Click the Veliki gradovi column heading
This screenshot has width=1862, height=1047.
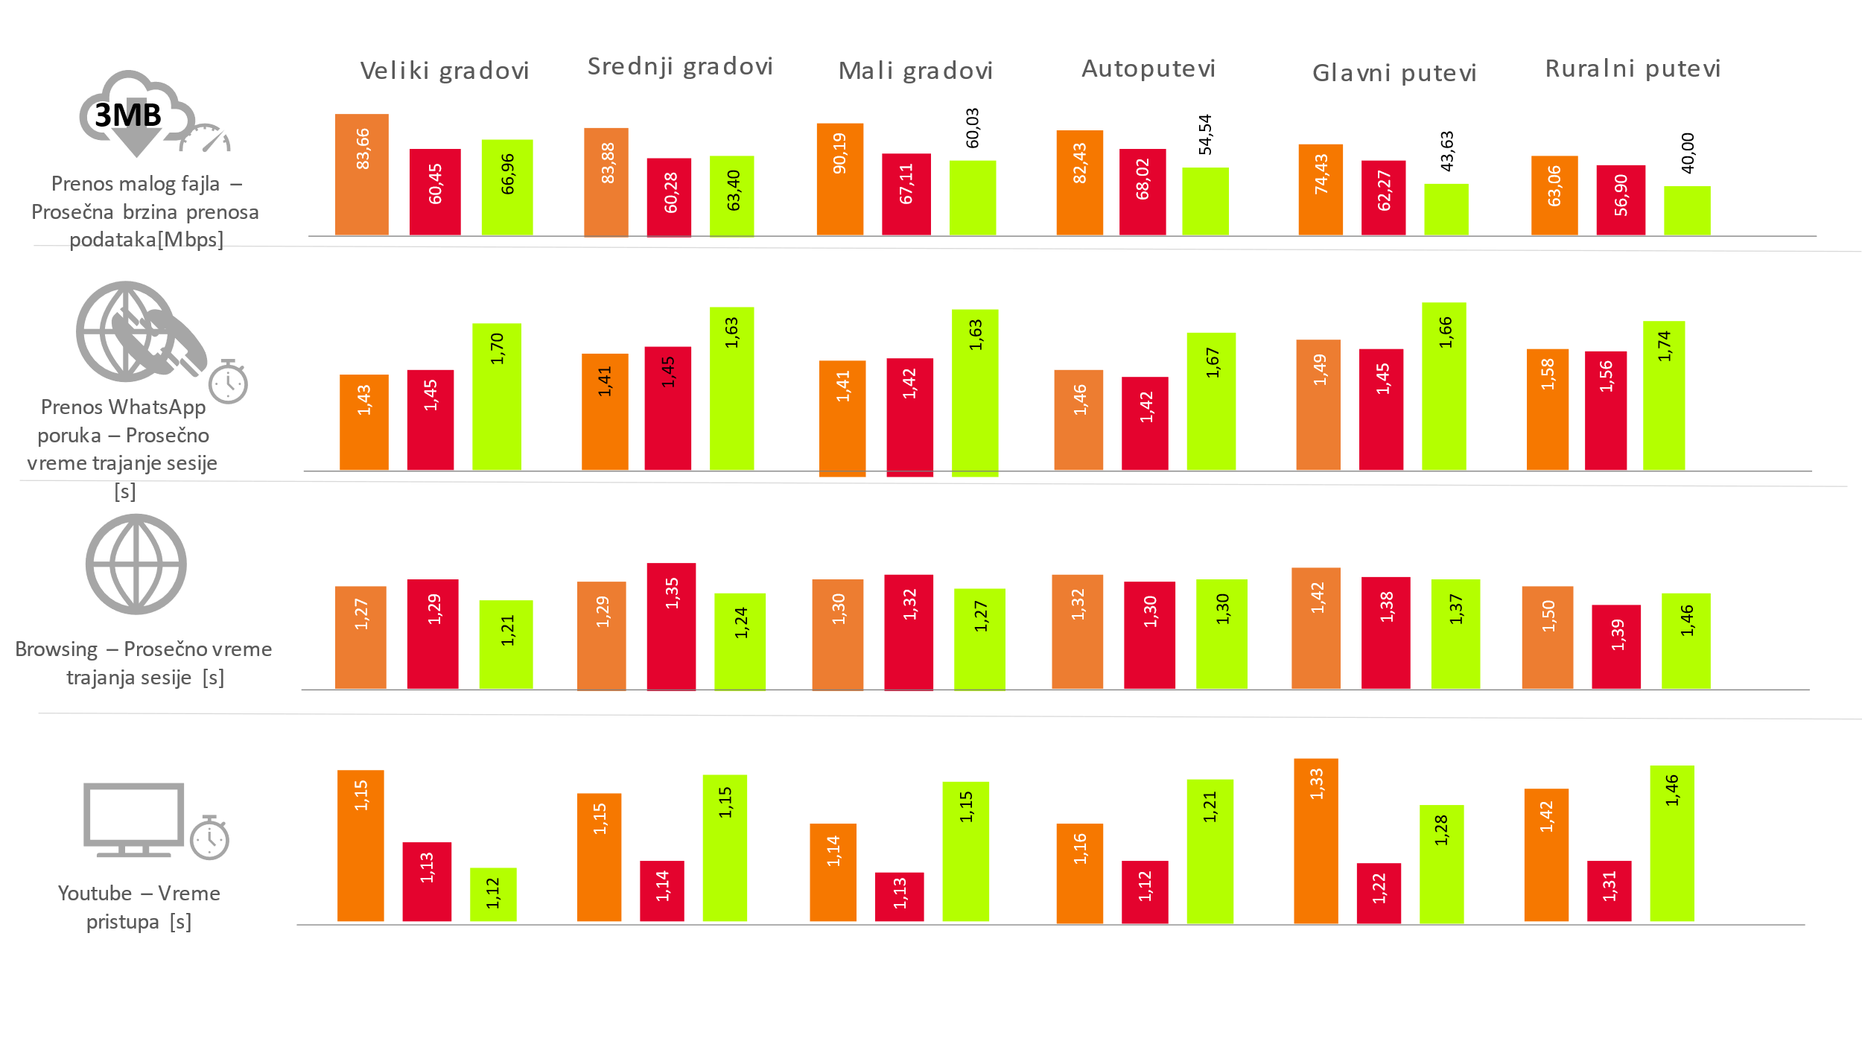[x=445, y=71]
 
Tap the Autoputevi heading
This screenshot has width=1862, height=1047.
[x=1148, y=69]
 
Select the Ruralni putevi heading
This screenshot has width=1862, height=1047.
[x=1633, y=69]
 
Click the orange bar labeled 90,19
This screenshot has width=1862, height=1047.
[x=839, y=179]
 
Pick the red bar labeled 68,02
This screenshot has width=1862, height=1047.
[x=1142, y=192]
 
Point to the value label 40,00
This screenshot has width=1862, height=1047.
[x=1688, y=153]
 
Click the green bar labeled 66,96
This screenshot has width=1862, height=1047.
[x=507, y=188]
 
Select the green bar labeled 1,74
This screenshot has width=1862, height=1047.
[x=1664, y=395]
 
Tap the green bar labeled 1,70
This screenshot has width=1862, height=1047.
[x=497, y=397]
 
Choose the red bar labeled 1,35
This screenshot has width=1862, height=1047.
[x=671, y=626]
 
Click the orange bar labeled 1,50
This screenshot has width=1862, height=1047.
[x=1548, y=637]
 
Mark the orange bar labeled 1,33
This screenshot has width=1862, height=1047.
[x=1316, y=841]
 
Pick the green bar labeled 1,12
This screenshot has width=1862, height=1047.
[x=493, y=894]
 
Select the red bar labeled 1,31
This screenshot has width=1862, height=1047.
[x=1609, y=891]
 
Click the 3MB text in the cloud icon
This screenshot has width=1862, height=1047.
[x=128, y=115]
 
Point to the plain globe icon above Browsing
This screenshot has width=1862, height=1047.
[x=136, y=564]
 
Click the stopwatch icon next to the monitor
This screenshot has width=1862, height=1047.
[x=209, y=838]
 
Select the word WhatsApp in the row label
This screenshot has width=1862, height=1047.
[x=157, y=407]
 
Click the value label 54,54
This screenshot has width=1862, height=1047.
[x=1205, y=135]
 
